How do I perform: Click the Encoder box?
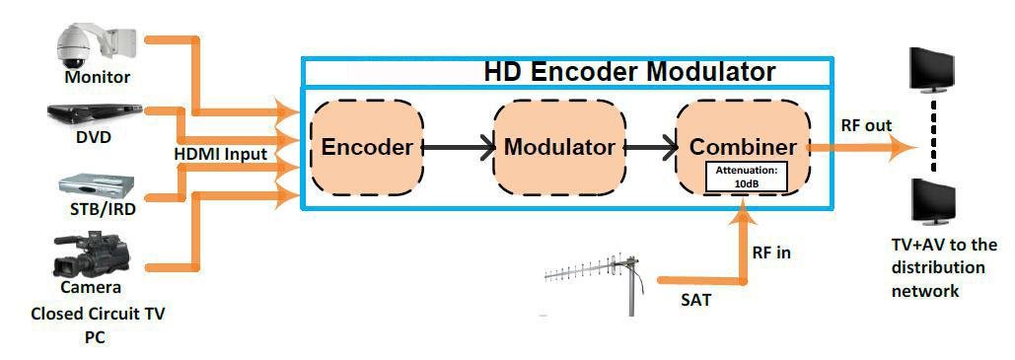367,147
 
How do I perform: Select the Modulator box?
558,147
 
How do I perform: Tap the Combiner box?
742,146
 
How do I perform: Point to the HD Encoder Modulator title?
628,72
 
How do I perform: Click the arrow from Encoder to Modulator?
459,148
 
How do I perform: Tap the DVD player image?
96,113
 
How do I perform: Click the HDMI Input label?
220,154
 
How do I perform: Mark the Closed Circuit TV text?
97,316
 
